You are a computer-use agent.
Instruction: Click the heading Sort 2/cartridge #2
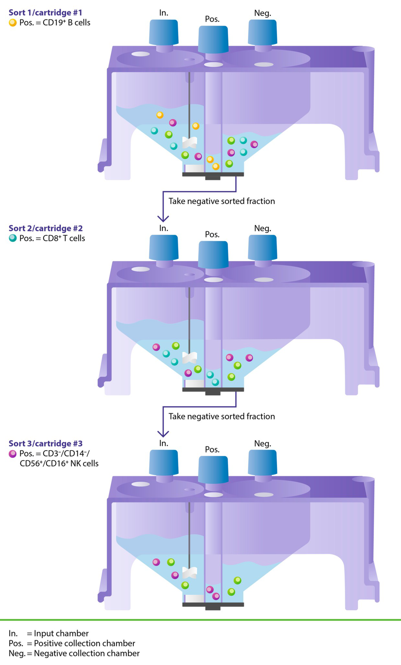tap(46, 228)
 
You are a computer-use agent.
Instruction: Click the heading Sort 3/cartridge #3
tap(46, 443)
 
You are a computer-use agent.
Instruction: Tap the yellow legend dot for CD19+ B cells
tap(13, 23)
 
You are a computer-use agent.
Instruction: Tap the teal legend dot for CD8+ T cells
tap(13, 238)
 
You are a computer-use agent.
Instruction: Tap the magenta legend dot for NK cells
tap(13, 454)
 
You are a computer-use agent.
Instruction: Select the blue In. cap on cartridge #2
tap(164, 247)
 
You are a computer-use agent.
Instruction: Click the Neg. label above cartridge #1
tap(263, 13)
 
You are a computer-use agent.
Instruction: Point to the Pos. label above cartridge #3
tap(212, 449)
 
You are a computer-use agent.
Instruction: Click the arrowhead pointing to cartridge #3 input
tap(163, 433)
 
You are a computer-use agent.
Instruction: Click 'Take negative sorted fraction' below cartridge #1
tap(222, 201)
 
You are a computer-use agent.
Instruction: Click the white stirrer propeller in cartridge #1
tap(190, 142)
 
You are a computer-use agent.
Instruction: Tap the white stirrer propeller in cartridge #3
tap(190, 573)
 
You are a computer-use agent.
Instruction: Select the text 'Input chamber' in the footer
tap(61, 633)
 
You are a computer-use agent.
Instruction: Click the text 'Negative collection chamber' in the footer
tap(87, 653)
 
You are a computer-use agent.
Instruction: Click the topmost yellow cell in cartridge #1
tap(160, 115)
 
